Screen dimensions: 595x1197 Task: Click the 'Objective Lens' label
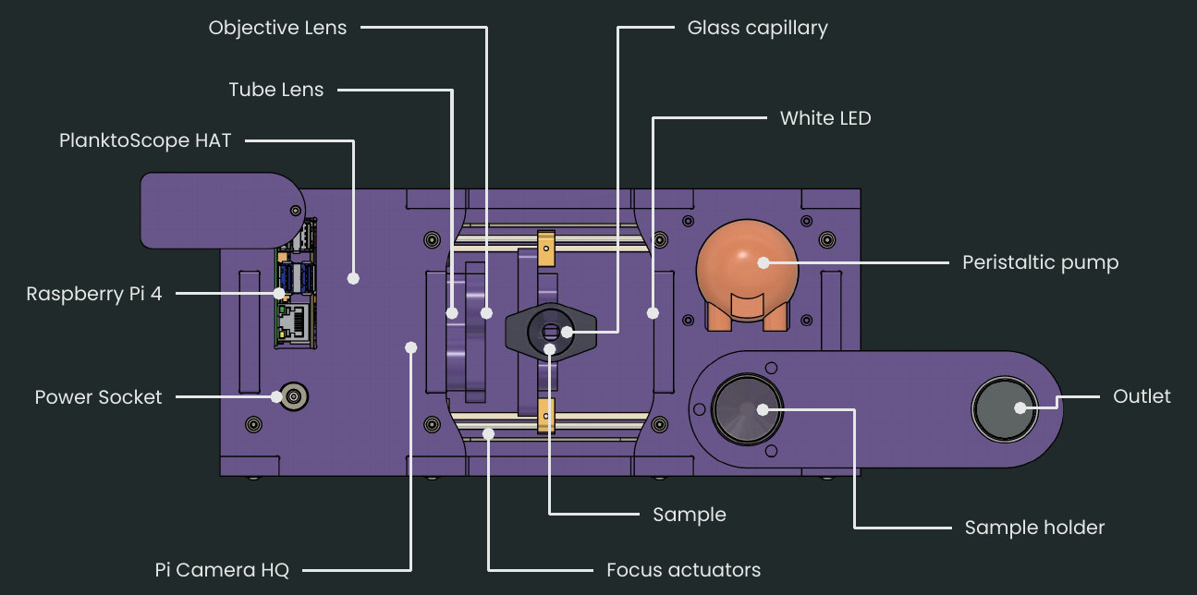tap(277, 28)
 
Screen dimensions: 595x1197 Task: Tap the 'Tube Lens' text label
tap(276, 90)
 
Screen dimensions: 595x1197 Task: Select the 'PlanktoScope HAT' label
tap(145, 141)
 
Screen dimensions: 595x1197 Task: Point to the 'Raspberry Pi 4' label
tap(94, 295)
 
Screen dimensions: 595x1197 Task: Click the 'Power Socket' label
tap(98, 397)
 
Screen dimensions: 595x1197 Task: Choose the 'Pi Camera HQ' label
tap(222, 570)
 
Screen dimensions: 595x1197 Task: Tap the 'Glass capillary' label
tap(757, 28)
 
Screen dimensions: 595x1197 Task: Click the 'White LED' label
tap(824, 118)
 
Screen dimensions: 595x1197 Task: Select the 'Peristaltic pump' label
tap(1040, 262)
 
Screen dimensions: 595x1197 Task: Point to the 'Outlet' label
tap(1142, 396)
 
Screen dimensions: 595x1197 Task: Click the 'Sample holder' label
tap(1034, 528)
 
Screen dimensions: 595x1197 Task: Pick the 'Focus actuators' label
tap(683, 570)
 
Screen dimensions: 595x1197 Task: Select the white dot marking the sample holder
tap(763, 409)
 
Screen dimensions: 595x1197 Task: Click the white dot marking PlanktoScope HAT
tap(352, 277)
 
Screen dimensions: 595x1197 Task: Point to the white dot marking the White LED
tap(653, 312)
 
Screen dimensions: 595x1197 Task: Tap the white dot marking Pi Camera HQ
tap(411, 347)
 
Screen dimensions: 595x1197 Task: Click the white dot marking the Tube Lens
tap(452, 313)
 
